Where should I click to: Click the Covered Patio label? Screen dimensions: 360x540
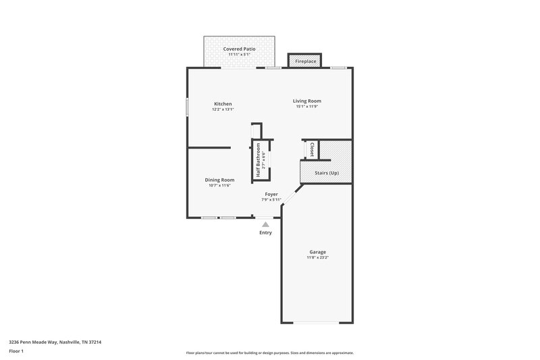[240, 49]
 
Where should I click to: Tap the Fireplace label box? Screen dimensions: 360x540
[305, 61]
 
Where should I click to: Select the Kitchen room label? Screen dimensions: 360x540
[223, 103]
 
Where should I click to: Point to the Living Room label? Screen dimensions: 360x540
[306, 101]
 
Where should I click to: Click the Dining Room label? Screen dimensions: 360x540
[219, 180]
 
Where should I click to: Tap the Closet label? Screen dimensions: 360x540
[312, 149]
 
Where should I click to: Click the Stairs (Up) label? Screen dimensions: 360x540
[327, 173]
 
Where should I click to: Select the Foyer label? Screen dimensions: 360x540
[271, 194]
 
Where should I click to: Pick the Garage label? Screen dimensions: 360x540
[317, 251]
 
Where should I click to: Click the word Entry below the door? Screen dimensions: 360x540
[266, 233]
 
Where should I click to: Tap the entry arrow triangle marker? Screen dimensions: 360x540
[266, 224]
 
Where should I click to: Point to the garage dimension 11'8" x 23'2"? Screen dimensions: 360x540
[317, 257]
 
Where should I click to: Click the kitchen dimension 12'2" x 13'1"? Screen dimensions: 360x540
[223, 109]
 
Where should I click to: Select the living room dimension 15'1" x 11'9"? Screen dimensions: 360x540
[306, 107]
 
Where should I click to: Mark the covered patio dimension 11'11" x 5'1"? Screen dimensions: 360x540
[240, 55]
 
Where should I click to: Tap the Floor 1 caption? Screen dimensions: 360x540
[16, 351]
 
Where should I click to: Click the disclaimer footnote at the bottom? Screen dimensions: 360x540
[269, 353]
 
